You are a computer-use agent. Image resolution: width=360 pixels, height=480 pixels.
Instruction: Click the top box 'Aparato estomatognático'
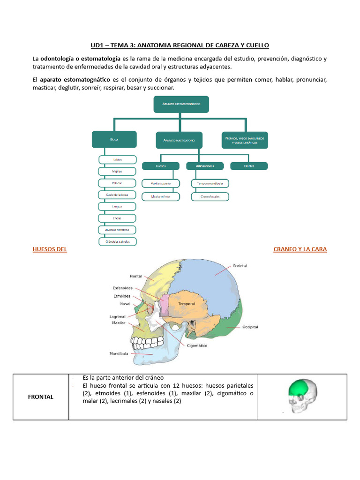181,104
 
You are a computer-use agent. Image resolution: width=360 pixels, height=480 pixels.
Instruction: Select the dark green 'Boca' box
114,139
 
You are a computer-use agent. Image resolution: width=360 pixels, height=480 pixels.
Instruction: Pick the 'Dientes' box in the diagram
249,166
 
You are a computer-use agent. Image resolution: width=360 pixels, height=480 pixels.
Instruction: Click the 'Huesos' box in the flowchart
160,166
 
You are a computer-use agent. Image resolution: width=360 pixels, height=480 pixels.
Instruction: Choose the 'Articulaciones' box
205,166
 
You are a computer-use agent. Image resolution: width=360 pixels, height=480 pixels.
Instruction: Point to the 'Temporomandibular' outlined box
210,183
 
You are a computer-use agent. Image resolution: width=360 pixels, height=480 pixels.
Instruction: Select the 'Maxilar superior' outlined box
160,183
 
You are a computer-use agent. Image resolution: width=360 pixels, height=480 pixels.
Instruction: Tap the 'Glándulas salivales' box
117,241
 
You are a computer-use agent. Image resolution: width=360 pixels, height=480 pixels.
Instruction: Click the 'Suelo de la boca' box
117,195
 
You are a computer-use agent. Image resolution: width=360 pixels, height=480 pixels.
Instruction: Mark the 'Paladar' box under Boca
117,183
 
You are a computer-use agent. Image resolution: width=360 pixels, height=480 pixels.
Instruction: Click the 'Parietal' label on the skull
240,266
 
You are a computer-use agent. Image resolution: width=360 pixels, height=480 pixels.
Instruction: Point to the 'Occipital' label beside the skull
250,327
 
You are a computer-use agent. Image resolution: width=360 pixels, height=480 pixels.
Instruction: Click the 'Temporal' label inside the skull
186,304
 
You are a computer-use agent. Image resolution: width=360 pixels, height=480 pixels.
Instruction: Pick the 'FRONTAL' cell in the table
41,397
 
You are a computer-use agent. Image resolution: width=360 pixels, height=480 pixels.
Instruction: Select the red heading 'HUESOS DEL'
50,249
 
